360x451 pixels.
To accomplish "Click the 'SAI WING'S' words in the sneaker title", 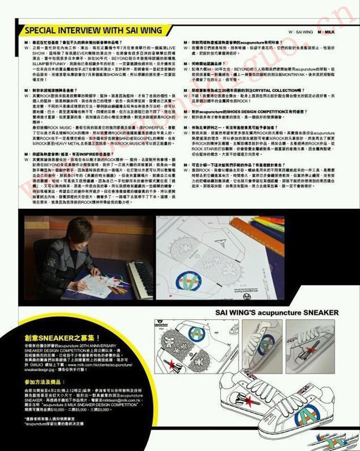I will click(x=237, y=313).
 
